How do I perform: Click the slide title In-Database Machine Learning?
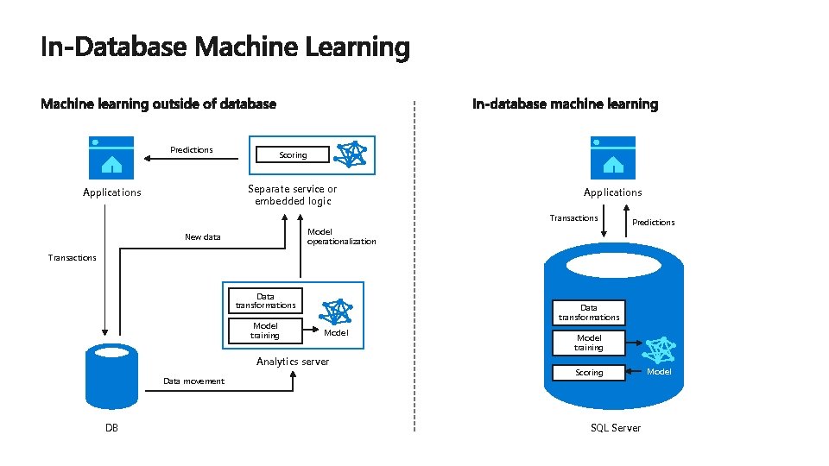225,47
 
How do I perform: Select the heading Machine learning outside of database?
159,104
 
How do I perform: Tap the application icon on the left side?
111,155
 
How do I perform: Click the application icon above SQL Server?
613,155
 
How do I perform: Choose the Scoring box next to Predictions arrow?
293,155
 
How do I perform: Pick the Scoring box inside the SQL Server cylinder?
589,373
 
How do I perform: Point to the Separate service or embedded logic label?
293,195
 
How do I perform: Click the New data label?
203,237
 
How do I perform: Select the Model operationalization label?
342,236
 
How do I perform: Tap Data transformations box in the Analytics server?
265,300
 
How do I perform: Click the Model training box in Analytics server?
265,331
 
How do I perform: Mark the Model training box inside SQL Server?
589,343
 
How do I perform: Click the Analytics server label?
293,362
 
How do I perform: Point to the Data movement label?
193,381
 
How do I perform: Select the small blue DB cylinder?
111,376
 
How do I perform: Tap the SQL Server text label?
616,428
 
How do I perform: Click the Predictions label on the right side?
654,223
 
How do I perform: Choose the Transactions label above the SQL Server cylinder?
574,218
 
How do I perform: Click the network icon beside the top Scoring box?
351,154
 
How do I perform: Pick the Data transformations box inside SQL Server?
589,312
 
